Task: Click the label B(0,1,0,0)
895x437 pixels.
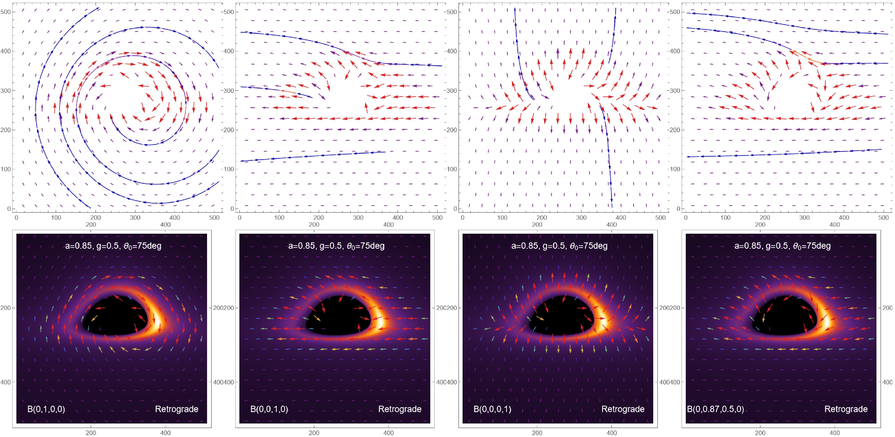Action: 46,409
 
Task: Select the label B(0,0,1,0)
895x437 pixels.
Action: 269,409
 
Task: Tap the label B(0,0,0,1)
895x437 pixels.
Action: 492,409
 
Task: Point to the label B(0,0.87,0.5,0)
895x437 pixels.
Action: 715,409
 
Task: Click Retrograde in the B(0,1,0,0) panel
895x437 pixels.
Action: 176,409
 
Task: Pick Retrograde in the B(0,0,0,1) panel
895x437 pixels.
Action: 623,409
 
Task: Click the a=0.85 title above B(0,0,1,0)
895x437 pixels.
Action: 336,246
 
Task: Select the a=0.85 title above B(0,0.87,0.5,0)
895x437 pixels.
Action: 782,246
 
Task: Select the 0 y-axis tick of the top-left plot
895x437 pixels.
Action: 9,209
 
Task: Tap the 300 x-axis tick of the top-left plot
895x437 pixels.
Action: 135,218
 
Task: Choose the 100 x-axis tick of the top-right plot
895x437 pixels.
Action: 725,218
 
